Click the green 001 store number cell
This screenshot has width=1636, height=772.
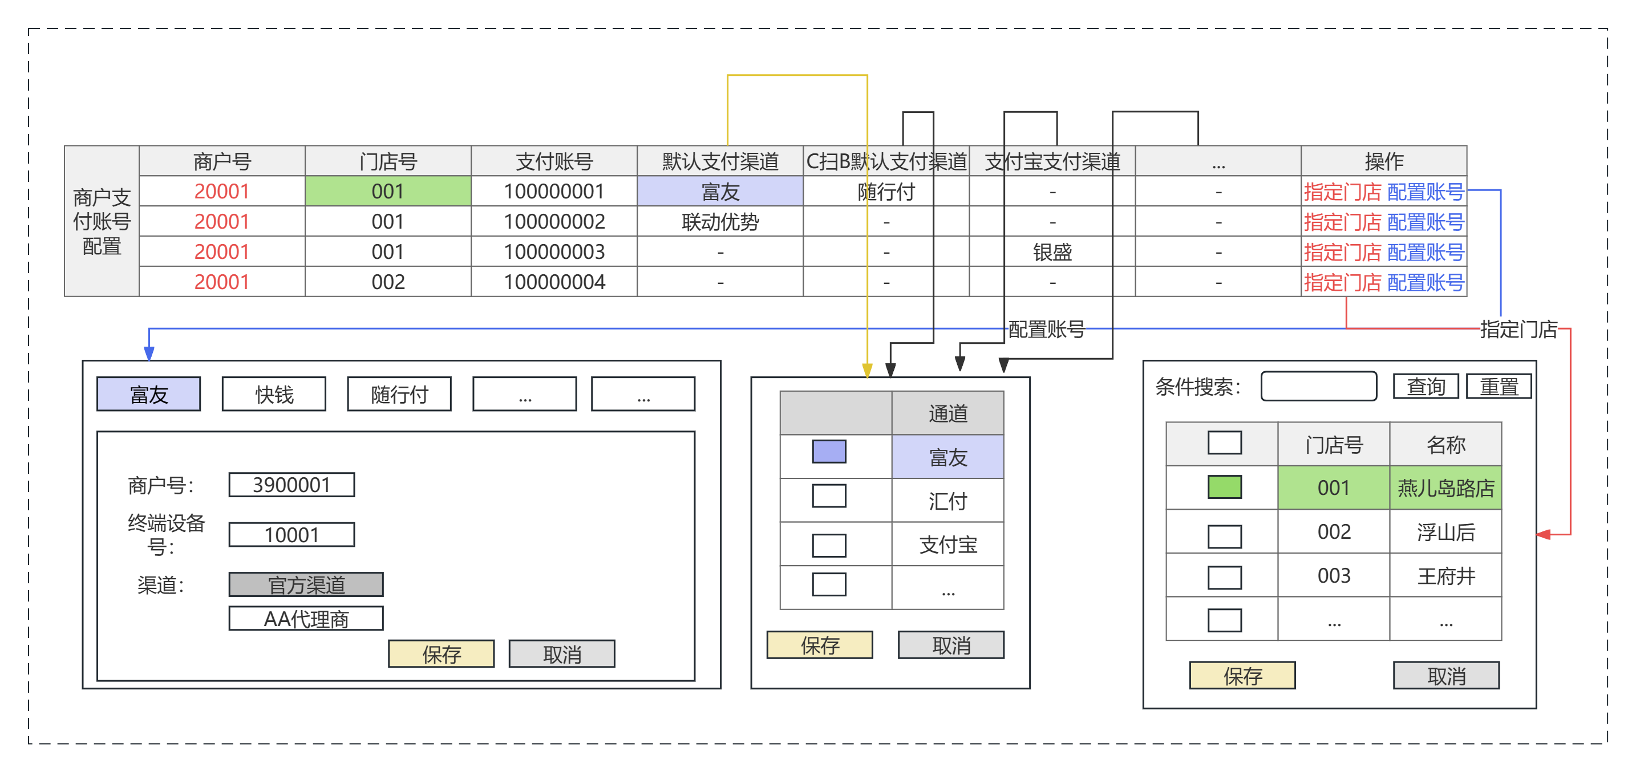click(388, 191)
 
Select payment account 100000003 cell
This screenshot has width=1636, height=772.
click(554, 251)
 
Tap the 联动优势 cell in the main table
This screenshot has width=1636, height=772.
click(720, 222)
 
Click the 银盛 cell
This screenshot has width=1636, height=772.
click(1052, 251)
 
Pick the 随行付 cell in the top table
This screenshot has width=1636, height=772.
click(886, 191)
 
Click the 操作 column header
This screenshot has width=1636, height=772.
click(1384, 161)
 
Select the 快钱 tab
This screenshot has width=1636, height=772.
click(274, 394)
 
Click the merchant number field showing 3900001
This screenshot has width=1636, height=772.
click(291, 485)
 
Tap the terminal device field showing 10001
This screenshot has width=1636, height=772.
click(291, 535)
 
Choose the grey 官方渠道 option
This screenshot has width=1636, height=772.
click(306, 584)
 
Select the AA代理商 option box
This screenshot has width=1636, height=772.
click(306, 619)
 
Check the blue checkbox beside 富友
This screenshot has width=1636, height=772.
click(829, 452)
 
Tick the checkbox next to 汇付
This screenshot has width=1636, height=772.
click(829, 496)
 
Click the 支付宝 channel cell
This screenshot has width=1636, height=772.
click(948, 544)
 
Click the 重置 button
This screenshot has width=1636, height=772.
click(1499, 386)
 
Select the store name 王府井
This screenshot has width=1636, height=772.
click(1446, 575)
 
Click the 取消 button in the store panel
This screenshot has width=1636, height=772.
click(1446, 676)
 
